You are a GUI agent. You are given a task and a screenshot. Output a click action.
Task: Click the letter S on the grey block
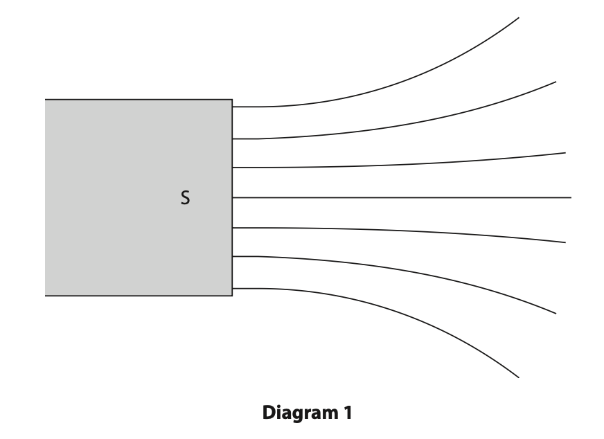click(185, 199)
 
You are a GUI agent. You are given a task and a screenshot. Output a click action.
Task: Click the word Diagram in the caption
click(296, 414)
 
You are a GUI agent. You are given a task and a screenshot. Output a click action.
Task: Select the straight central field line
click(402, 197)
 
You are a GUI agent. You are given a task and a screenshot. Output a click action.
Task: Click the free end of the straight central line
click(571, 197)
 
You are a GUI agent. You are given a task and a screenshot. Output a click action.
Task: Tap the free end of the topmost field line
click(518, 17)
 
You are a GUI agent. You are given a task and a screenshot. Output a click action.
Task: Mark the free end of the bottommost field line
click(518, 377)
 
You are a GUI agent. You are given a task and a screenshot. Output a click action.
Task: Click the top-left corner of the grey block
click(46, 100)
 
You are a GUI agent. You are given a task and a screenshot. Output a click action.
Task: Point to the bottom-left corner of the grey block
click(46, 296)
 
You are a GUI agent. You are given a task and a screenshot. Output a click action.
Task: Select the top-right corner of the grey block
click(232, 100)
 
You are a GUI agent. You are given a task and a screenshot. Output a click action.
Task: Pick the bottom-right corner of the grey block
click(232, 296)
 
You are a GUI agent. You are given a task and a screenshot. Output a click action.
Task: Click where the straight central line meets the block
click(233, 197)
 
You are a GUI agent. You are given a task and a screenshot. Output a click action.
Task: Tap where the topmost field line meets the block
click(233, 107)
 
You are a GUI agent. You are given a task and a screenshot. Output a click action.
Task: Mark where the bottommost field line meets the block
click(233, 287)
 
